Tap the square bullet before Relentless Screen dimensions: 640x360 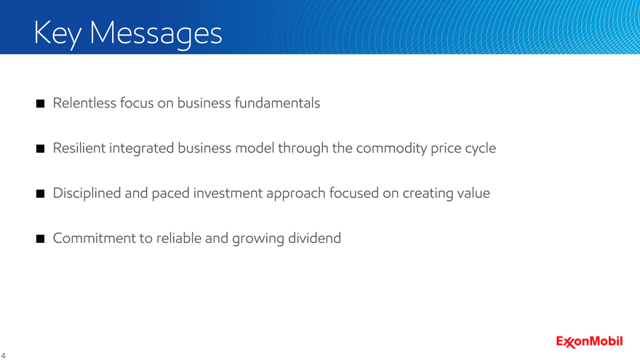click(41, 104)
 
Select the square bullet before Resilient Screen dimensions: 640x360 click(41, 148)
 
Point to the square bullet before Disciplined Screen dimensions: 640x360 click(41, 194)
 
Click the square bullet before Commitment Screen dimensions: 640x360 click(41, 239)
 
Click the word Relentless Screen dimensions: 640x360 click(84, 103)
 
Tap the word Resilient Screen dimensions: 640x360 click(79, 148)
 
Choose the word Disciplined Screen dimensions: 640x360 click(87, 193)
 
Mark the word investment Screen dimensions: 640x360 click(228, 193)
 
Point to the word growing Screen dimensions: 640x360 click(258, 239)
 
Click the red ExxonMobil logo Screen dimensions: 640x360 click(589, 342)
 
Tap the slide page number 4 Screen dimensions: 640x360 click(3, 356)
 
